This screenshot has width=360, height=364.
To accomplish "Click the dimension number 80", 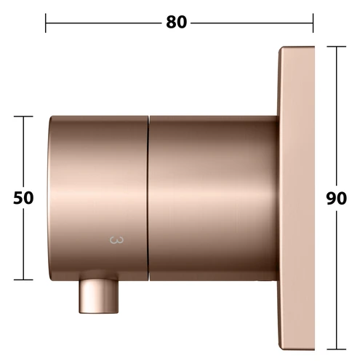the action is click(177, 23).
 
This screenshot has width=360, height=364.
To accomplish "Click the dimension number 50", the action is click(23, 198).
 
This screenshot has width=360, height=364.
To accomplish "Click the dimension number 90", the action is click(336, 198).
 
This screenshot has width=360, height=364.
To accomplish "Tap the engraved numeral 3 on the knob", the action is click(116, 240).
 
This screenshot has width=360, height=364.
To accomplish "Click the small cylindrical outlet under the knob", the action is click(99, 296).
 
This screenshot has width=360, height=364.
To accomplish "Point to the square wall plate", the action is click(296, 198).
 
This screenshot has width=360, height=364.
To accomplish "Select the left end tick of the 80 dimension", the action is click(46, 23).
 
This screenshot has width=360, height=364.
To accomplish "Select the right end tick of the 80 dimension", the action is click(313, 23).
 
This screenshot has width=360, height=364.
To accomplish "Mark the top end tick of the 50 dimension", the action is click(23, 116).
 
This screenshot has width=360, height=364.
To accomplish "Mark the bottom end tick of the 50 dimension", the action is click(23, 280).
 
